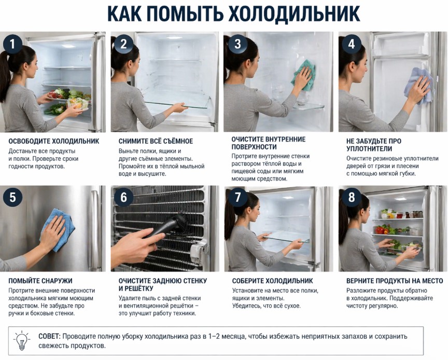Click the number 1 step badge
pyautogui.click(x=12, y=44)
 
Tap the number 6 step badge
pyautogui.click(x=123, y=197)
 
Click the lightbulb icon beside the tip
pyautogui.click(x=21, y=341)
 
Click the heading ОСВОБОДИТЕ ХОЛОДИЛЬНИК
pyautogui.click(x=54, y=141)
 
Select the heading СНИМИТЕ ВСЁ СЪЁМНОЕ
pyautogui.click(x=156, y=141)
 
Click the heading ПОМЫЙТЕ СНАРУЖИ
pyautogui.click(x=40, y=281)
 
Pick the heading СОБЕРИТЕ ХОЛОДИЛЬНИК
pyautogui.click(x=272, y=281)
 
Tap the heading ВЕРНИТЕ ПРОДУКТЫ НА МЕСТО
pyautogui.click(x=395, y=281)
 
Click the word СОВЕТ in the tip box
pyautogui.click(x=49, y=336)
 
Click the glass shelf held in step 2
pyautogui.click(x=178, y=103)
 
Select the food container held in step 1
pyautogui.click(x=78, y=104)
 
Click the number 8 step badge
pyautogui.click(x=352, y=197)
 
